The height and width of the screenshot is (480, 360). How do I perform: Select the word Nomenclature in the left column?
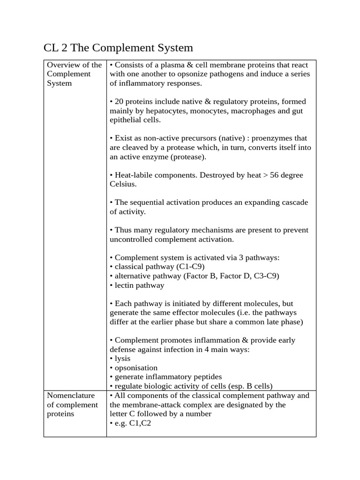coord(71,396)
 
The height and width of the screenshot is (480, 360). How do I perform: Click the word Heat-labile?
coord(135,175)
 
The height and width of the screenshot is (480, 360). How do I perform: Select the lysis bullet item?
coord(122,359)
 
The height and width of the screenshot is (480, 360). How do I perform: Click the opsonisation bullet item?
coord(136,368)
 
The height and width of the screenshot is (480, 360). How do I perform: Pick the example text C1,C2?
coord(138,423)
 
